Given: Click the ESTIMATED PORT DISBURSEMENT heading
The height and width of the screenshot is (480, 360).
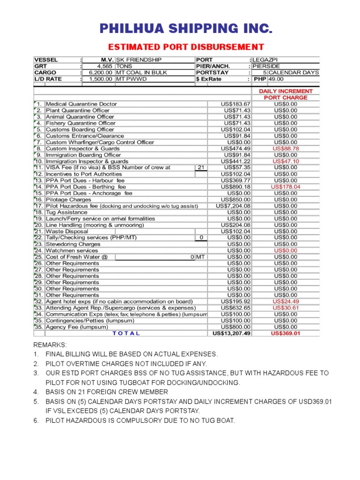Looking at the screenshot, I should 186,47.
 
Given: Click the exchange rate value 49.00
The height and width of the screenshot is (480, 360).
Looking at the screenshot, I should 276,79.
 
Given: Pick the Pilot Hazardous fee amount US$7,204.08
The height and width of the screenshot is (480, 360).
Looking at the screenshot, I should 233,206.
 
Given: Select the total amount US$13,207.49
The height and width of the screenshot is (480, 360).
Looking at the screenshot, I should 232,333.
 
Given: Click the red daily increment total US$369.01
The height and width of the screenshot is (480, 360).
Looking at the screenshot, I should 285,333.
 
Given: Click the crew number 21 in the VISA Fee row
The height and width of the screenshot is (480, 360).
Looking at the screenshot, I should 201,168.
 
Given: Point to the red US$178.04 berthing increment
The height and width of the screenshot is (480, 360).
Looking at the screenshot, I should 285,187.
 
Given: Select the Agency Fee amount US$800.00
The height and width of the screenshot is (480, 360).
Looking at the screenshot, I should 236,327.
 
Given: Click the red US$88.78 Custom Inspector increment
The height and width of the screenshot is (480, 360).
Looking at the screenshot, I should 285,149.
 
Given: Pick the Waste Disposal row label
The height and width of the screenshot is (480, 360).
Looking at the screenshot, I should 67,232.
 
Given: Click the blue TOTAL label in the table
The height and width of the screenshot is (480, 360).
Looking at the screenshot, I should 126,333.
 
